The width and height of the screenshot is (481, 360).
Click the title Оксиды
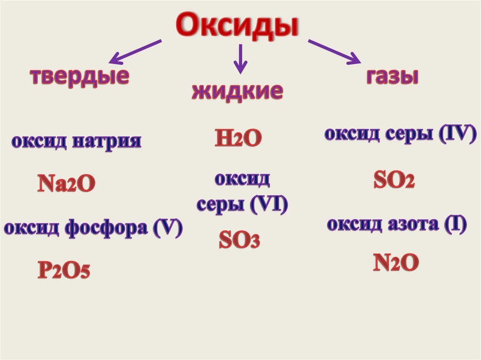237,25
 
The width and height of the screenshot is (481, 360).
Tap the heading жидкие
237,91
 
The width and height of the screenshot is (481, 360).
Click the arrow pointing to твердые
135,52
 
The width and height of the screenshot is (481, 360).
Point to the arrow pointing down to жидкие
240,59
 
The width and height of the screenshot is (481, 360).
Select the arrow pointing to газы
334,52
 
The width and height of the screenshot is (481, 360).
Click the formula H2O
237,138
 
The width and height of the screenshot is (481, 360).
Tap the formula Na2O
66,184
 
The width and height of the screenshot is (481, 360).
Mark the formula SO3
239,241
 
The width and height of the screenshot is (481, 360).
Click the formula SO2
394,180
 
